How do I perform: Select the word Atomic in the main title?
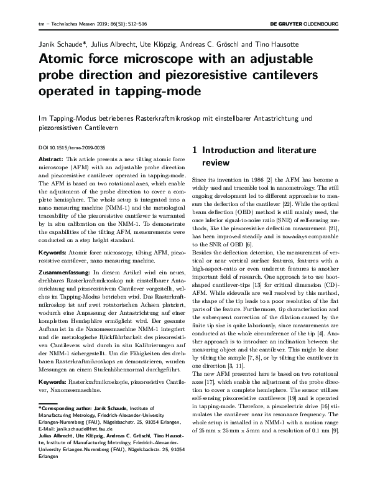point(62,60)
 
